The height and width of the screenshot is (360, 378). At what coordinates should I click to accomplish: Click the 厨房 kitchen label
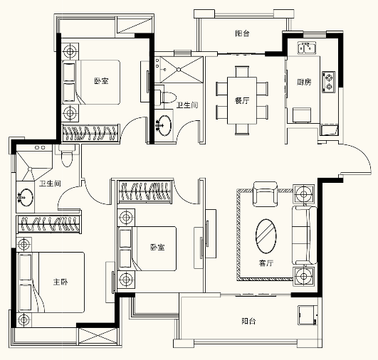pyautogui.click(x=304, y=82)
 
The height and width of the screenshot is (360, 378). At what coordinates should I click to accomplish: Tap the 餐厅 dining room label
pyautogui.click(x=242, y=100)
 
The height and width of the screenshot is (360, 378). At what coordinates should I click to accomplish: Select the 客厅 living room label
pyautogui.click(x=266, y=263)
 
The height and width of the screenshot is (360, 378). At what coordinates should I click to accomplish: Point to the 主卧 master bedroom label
pyautogui.click(x=61, y=282)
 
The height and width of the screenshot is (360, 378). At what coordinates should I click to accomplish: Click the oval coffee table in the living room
pyautogui.click(x=266, y=236)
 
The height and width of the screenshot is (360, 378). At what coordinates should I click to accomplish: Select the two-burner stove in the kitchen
pyautogui.click(x=329, y=82)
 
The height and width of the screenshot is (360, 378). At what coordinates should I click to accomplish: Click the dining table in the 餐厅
pyautogui.click(x=242, y=100)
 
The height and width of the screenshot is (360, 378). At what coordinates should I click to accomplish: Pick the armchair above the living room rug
pyautogui.click(x=266, y=194)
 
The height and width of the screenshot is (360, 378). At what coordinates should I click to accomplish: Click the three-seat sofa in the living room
pyautogui.click(x=305, y=235)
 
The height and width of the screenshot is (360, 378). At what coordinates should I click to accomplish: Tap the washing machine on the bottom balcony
pyautogui.click(x=308, y=315)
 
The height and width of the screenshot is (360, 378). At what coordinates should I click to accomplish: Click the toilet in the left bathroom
pyautogui.click(x=66, y=156)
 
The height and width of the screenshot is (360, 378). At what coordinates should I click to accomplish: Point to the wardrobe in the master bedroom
pyautogui.click(x=48, y=224)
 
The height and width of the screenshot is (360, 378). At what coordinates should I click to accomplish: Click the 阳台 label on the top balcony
pyautogui.click(x=242, y=33)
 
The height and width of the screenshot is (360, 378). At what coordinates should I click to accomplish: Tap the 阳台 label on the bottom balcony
pyautogui.click(x=248, y=321)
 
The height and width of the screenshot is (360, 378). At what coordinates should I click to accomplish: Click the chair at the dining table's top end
pyautogui.click(x=242, y=71)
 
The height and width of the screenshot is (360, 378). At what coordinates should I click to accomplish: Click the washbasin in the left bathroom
pyautogui.click(x=25, y=197)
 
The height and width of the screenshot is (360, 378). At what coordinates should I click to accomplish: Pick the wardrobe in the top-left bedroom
pyautogui.click(x=91, y=132)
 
